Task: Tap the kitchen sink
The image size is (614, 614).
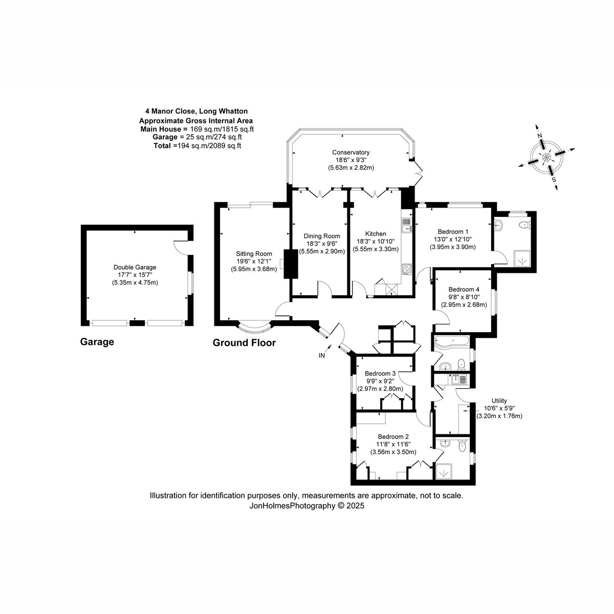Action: pos(407,225)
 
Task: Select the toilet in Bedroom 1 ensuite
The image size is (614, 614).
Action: pos(524,225)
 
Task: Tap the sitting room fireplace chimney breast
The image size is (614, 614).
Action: pos(291,264)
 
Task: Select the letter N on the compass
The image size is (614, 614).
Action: pos(540,135)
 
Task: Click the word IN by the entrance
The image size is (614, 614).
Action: pos(322,355)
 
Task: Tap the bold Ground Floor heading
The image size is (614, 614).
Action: pos(244,342)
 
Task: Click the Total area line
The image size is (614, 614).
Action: pos(197,146)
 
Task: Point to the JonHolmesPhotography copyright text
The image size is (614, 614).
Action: pos(306,506)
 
